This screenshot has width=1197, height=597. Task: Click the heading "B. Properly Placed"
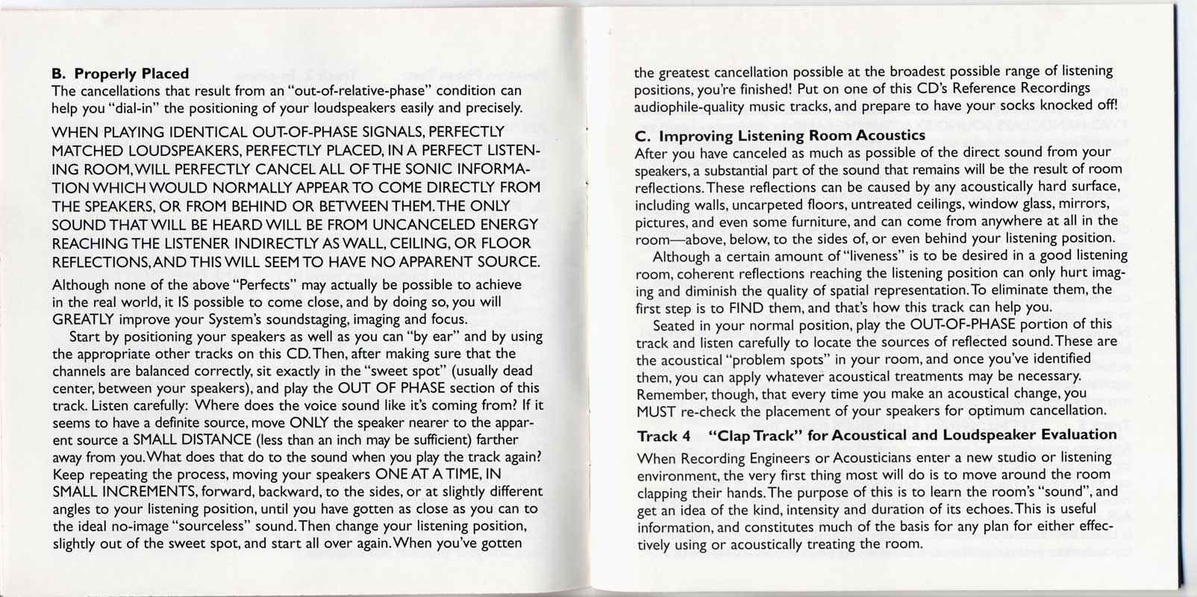(119, 73)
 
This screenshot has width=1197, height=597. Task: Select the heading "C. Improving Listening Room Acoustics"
(780, 136)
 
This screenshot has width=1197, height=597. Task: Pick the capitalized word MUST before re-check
(656, 411)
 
